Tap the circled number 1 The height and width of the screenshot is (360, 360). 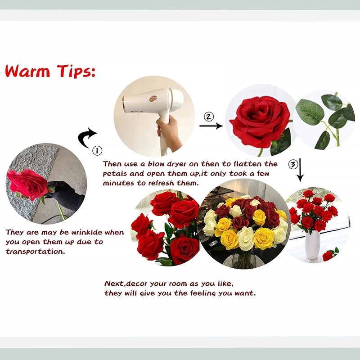tap(97, 150)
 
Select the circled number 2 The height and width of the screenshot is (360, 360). tap(208, 117)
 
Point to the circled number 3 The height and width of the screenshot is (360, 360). tap(292, 164)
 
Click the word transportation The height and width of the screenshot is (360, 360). tap(35, 251)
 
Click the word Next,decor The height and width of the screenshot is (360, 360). tap(124, 284)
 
